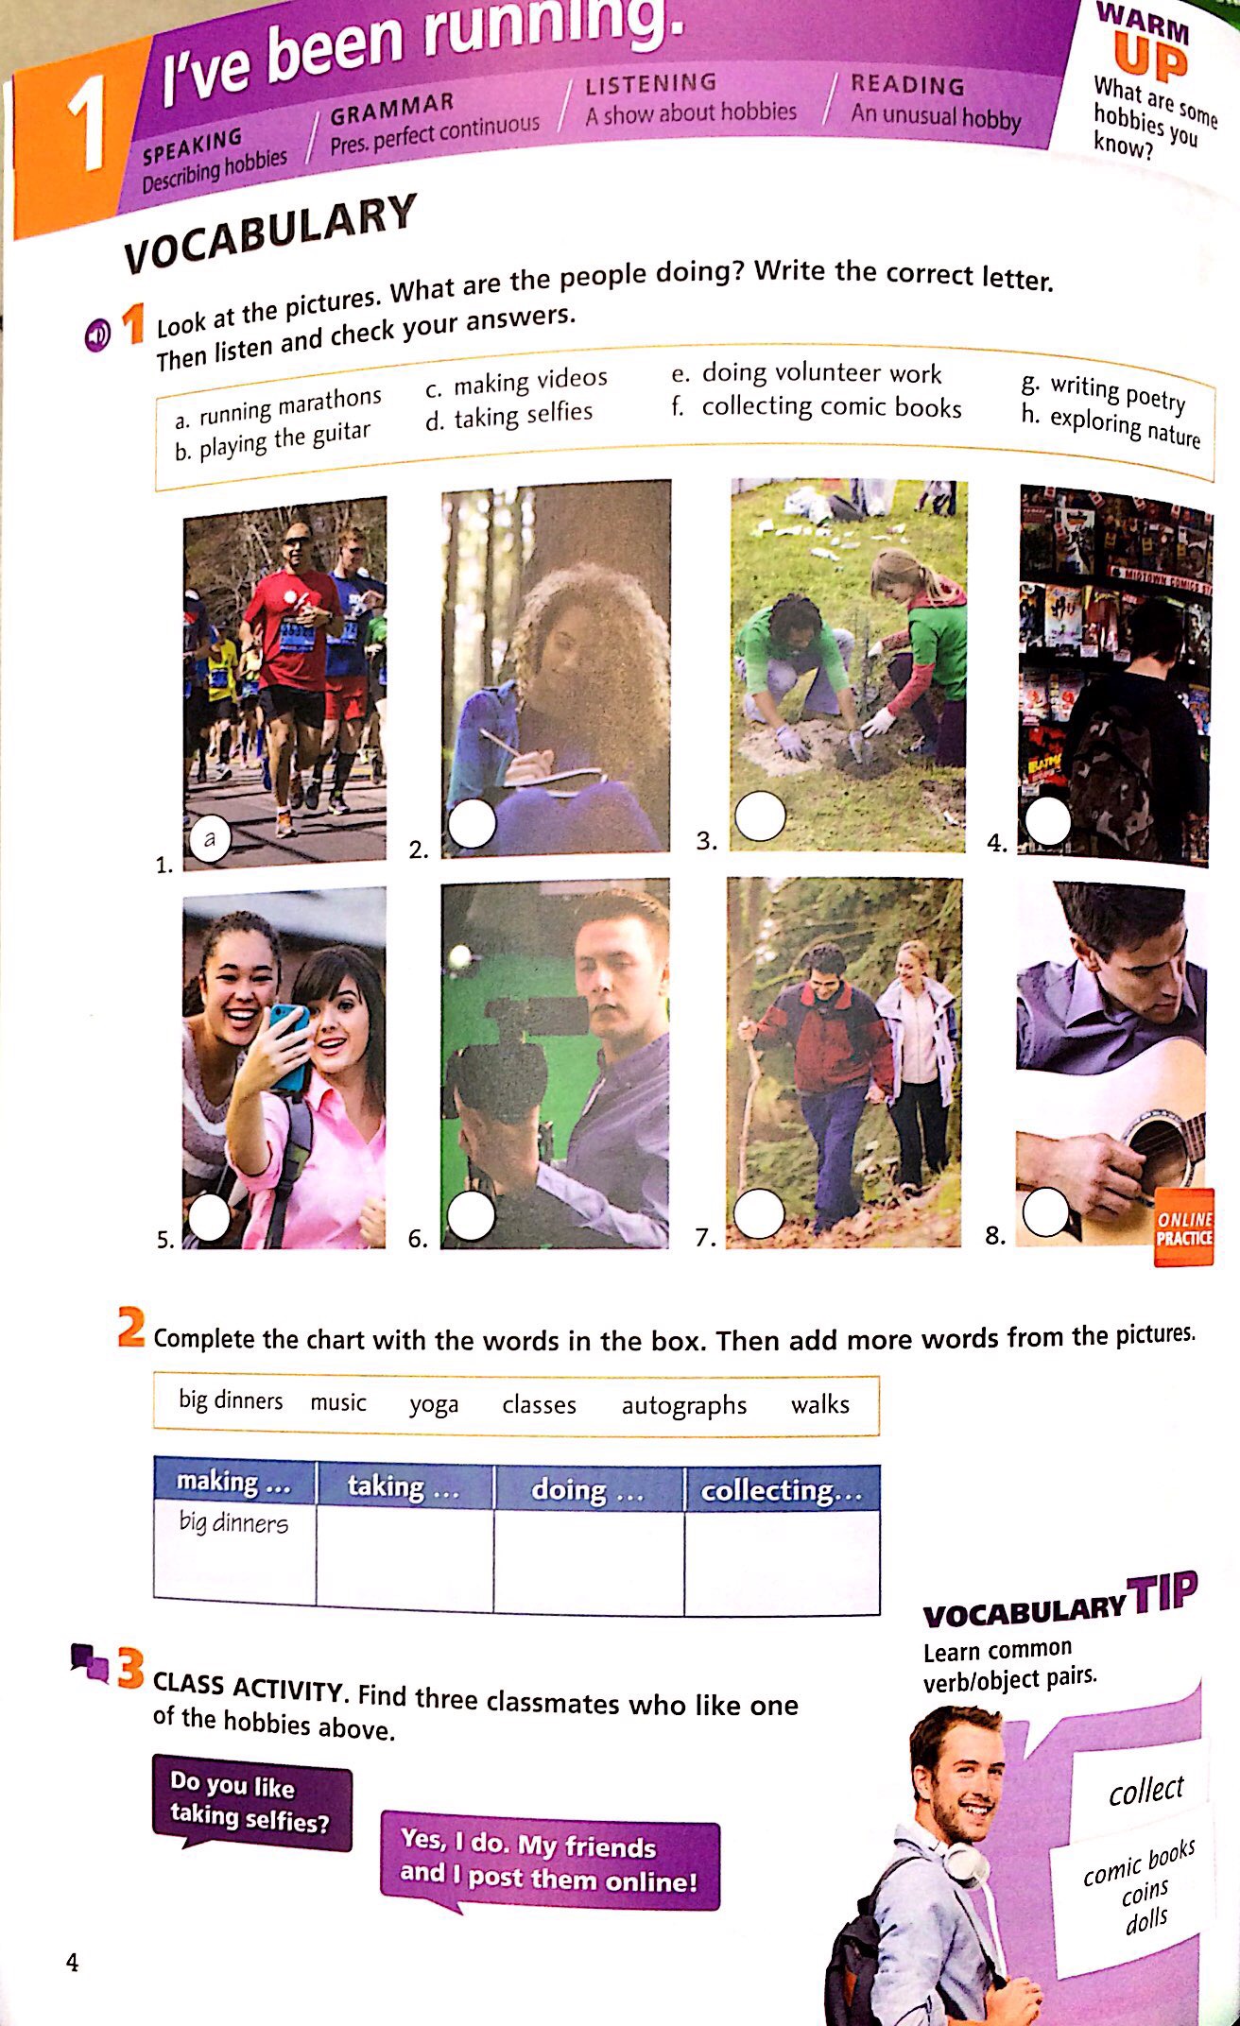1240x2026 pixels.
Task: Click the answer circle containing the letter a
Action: point(210,838)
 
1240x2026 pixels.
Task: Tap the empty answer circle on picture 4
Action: point(1047,821)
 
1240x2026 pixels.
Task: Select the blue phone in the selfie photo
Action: point(289,1045)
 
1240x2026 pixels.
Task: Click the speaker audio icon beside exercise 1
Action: point(97,335)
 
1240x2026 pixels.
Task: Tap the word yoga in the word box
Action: point(434,1404)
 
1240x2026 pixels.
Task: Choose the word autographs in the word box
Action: point(683,1406)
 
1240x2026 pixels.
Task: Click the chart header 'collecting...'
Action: point(781,1490)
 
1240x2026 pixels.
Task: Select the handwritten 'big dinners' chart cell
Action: point(233,1522)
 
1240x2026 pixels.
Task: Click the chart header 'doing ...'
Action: point(587,1490)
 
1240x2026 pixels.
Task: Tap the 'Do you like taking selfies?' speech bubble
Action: point(250,1802)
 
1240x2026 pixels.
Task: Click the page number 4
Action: point(72,1963)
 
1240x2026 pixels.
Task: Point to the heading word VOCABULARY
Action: point(270,232)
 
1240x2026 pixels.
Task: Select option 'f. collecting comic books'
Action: point(818,407)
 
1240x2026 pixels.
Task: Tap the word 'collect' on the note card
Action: point(1145,1790)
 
